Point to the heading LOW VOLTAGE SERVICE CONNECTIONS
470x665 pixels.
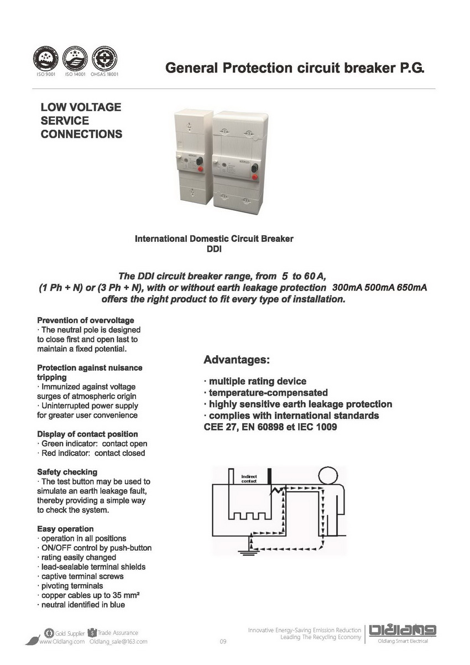click(x=81, y=121)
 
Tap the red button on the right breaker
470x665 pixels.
click(x=255, y=177)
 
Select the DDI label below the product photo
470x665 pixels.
click(x=214, y=249)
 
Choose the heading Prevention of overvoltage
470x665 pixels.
click(x=85, y=320)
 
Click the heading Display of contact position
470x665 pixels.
click(x=87, y=434)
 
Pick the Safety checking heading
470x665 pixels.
click(x=67, y=472)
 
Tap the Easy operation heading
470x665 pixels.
click(x=65, y=529)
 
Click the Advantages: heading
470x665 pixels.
click(x=237, y=360)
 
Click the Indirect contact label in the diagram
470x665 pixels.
click(x=249, y=478)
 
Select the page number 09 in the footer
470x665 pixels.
click(x=223, y=642)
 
